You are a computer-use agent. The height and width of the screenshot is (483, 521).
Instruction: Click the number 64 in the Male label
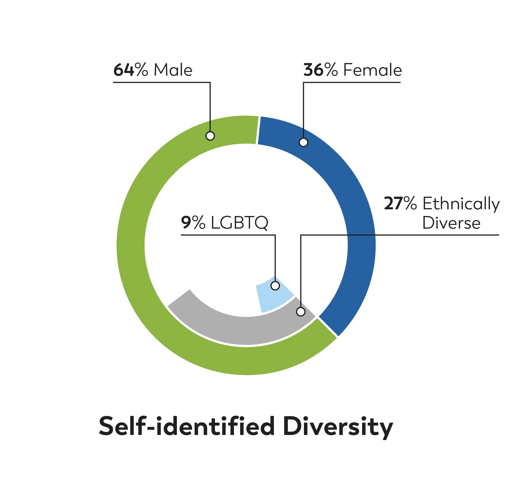(124, 70)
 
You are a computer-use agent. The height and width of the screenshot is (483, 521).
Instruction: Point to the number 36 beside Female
(314, 70)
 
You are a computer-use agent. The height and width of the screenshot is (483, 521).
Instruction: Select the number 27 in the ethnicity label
(394, 204)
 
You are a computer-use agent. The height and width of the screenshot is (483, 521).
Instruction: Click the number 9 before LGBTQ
(186, 223)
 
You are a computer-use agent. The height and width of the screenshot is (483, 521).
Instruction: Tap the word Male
(173, 70)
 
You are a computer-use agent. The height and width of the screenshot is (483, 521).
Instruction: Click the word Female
(373, 70)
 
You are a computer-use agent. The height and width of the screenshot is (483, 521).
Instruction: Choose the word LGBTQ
(239, 223)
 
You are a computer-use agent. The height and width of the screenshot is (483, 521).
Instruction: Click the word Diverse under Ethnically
(451, 223)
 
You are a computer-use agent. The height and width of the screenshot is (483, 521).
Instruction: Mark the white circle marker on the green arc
(210, 136)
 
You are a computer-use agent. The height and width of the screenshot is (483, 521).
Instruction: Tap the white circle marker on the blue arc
(303, 142)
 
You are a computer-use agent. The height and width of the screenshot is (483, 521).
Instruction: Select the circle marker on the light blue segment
(275, 286)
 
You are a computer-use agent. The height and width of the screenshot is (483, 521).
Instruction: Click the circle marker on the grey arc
(301, 312)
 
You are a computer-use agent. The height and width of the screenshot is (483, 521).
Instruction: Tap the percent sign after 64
(141, 70)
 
